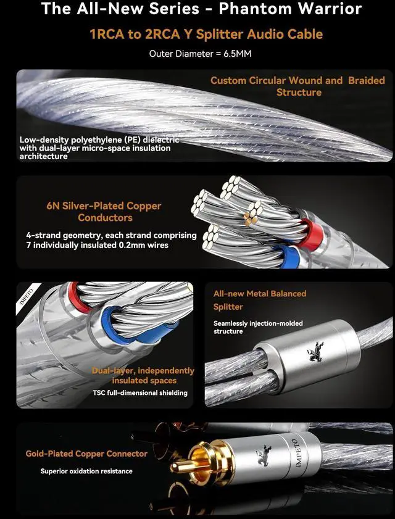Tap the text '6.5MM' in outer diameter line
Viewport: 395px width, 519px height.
(236, 54)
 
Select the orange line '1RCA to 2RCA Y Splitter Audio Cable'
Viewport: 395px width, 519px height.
(197, 34)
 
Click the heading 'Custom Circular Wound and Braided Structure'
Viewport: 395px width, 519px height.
(297, 86)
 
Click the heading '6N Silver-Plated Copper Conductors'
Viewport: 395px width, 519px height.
(104, 211)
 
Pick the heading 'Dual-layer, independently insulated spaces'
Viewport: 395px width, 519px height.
(143, 376)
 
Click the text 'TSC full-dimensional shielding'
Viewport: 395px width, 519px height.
(140, 392)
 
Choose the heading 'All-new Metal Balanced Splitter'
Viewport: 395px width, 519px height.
(259, 300)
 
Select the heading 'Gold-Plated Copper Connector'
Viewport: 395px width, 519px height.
(86, 454)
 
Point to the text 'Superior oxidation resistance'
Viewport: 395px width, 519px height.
(86, 471)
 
